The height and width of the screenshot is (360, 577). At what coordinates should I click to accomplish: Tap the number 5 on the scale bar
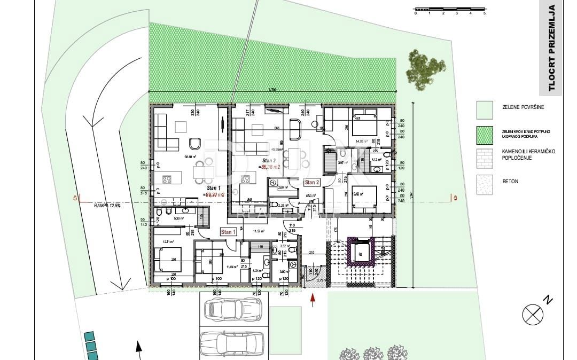click(484, 13)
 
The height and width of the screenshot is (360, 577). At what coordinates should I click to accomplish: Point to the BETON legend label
click(510, 182)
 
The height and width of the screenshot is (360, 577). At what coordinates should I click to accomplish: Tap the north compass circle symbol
click(532, 314)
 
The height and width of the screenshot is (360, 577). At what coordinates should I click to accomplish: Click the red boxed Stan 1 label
click(227, 232)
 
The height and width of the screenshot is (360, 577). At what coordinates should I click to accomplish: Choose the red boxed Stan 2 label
click(311, 182)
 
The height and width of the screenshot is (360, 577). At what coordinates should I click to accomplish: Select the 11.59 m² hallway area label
click(260, 231)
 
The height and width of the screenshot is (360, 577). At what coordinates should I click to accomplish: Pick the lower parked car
click(232, 342)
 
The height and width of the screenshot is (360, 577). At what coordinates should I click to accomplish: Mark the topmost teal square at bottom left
click(89, 336)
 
